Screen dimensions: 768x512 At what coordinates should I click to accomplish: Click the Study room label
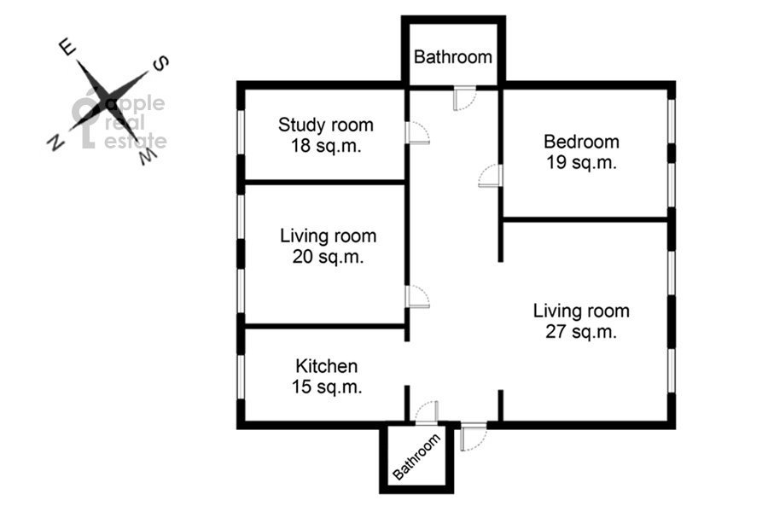tap(326, 125)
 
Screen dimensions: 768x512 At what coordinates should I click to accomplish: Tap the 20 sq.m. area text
tap(329, 256)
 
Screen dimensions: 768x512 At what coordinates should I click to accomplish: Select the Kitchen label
tap(327, 366)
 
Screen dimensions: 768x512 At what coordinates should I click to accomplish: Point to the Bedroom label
tap(581, 142)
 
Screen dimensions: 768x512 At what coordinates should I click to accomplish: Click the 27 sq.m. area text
tap(581, 332)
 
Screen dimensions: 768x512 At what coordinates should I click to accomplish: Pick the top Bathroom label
tap(453, 57)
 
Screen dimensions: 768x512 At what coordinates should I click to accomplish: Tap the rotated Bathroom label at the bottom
tap(416, 457)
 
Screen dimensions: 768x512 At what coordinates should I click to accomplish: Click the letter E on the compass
tap(67, 48)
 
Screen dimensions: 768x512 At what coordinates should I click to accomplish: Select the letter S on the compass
tap(161, 64)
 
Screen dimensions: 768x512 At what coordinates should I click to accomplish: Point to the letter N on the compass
tap(55, 143)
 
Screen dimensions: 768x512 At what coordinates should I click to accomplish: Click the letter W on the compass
tap(148, 156)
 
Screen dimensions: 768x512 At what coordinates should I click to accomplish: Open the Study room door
tap(417, 133)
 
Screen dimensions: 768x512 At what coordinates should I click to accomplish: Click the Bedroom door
tap(491, 176)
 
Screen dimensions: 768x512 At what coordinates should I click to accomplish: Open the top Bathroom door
tap(465, 98)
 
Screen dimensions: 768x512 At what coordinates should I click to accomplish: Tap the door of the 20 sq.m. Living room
tap(417, 296)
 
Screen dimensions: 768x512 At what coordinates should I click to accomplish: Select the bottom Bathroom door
tap(427, 412)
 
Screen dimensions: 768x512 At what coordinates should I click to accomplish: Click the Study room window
tap(241, 132)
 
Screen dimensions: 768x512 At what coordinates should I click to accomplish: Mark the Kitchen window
tap(241, 377)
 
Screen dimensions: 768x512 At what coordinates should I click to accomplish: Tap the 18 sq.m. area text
tap(326, 146)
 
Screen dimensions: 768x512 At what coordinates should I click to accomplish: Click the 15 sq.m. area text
tap(327, 387)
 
